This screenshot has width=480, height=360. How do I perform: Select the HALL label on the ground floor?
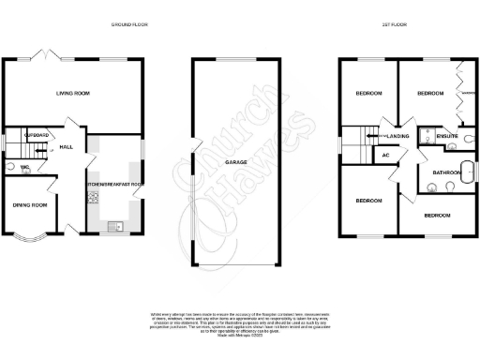67,147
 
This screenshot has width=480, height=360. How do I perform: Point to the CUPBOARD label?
25,136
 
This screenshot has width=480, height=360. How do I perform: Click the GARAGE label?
235,162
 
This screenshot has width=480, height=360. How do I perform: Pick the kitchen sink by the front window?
113,225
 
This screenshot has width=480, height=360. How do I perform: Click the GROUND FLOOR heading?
128,23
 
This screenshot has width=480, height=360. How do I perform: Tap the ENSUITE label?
447,138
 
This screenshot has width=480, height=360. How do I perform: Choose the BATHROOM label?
446,172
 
